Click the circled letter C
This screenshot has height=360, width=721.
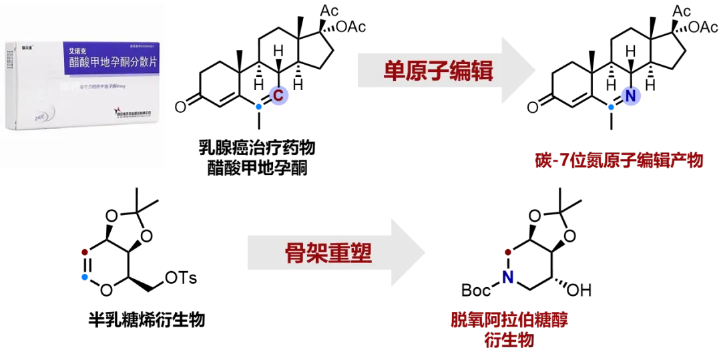click(278, 96)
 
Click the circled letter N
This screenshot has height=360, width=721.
click(630, 96)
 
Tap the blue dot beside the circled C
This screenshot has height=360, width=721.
click(258, 107)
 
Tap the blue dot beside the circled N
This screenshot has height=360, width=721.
click(611, 107)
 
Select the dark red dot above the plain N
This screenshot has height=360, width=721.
click(508, 252)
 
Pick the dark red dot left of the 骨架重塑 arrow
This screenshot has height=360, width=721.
click(84, 252)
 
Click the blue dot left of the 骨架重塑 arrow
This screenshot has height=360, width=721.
click(84, 277)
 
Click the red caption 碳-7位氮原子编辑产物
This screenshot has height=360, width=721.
click(618, 160)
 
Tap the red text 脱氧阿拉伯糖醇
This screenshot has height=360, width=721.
click(509, 320)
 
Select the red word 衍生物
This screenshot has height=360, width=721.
click(509, 340)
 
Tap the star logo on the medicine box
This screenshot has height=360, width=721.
click(119, 111)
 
